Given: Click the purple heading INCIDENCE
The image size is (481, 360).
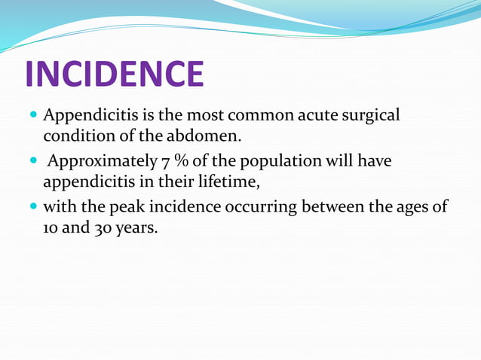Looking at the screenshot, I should tap(115, 74).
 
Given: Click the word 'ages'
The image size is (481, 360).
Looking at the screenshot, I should tap(415, 206).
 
